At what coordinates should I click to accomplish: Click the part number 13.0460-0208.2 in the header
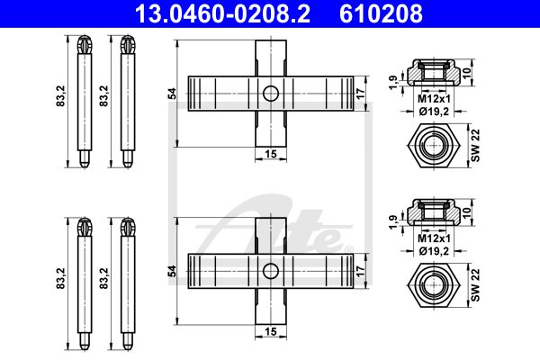click(x=222, y=13)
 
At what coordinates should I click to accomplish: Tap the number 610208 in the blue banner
click(x=381, y=13)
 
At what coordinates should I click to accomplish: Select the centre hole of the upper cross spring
click(x=271, y=94)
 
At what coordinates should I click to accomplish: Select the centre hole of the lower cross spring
click(x=271, y=271)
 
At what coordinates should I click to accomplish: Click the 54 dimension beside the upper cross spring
click(x=172, y=94)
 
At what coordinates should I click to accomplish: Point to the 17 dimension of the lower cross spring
click(x=360, y=271)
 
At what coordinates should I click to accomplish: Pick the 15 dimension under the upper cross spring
click(x=271, y=154)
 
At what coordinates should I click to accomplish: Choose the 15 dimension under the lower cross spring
click(x=271, y=331)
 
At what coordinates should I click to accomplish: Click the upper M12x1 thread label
click(x=434, y=99)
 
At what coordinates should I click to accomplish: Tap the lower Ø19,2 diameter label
click(x=434, y=251)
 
